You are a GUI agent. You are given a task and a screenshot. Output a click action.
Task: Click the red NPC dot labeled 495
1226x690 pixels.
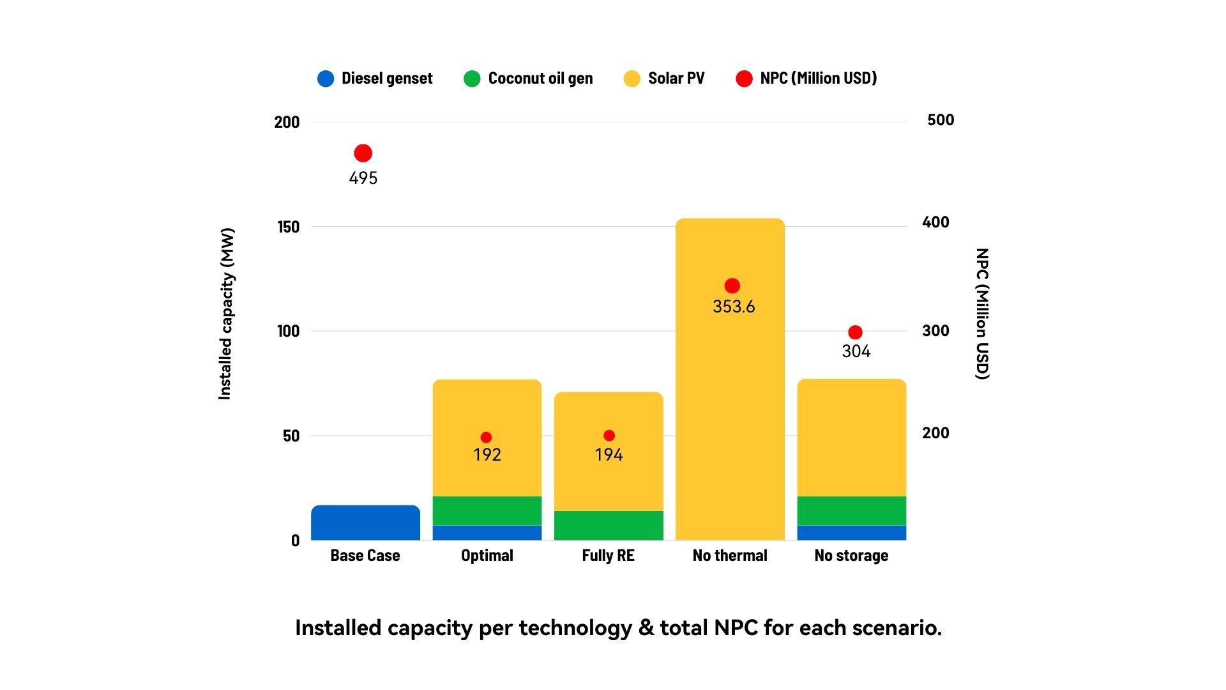[x=363, y=153]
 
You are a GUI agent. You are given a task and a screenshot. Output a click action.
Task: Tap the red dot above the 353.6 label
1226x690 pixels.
[x=732, y=286]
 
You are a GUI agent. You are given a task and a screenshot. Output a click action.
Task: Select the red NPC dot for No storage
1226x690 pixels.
[x=855, y=332]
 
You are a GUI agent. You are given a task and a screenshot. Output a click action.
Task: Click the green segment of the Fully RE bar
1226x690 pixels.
[x=609, y=525]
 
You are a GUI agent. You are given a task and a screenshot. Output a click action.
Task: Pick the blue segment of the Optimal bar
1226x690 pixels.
[x=487, y=533]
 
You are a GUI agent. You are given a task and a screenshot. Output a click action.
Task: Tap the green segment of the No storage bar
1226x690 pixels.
[x=851, y=510]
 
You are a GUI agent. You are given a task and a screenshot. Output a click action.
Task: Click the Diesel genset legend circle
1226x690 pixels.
[x=326, y=79]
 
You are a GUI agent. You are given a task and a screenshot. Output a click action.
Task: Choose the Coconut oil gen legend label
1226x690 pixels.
[x=540, y=79]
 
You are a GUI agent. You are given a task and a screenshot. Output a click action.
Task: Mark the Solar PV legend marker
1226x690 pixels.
[x=632, y=79]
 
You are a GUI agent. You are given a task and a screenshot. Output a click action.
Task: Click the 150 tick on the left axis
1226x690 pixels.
[x=288, y=227]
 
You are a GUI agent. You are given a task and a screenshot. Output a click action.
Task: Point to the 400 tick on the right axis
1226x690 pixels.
[x=935, y=222]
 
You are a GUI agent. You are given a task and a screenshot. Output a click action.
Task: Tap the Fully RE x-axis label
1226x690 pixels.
[x=608, y=556]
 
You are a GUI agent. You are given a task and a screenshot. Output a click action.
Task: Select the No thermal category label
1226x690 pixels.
[x=730, y=556]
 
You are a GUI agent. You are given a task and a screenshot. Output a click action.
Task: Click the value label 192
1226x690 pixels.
[x=487, y=455]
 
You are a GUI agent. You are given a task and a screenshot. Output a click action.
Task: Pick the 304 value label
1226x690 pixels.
[x=856, y=351]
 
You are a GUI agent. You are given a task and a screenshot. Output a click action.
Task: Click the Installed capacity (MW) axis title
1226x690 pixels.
[x=226, y=314]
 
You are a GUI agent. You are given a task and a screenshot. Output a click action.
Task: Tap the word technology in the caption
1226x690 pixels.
[x=575, y=628]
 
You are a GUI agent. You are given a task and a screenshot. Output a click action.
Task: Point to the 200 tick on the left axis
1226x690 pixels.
[x=287, y=122]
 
